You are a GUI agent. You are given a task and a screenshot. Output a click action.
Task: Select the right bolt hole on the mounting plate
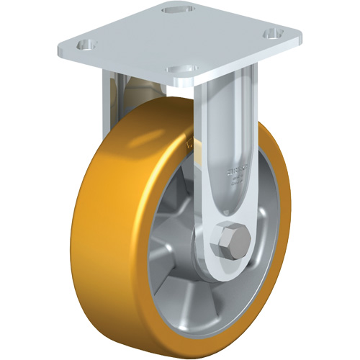[272, 33]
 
